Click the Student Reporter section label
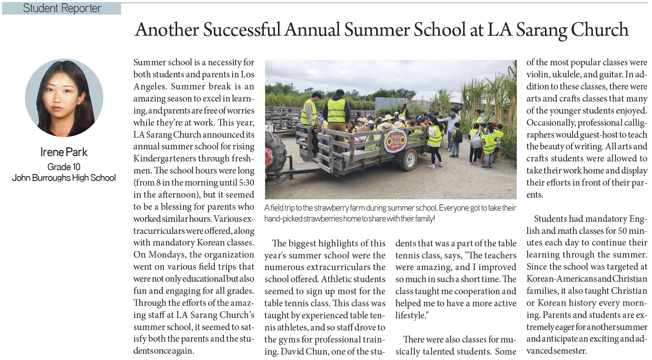click(62, 8)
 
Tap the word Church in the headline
click(599, 30)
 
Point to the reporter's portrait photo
click(64, 98)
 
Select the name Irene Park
click(64, 152)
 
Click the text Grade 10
click(64, 167)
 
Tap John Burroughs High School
click(64, 178)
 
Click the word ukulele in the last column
click(566, 74)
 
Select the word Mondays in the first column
click(166, 255)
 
